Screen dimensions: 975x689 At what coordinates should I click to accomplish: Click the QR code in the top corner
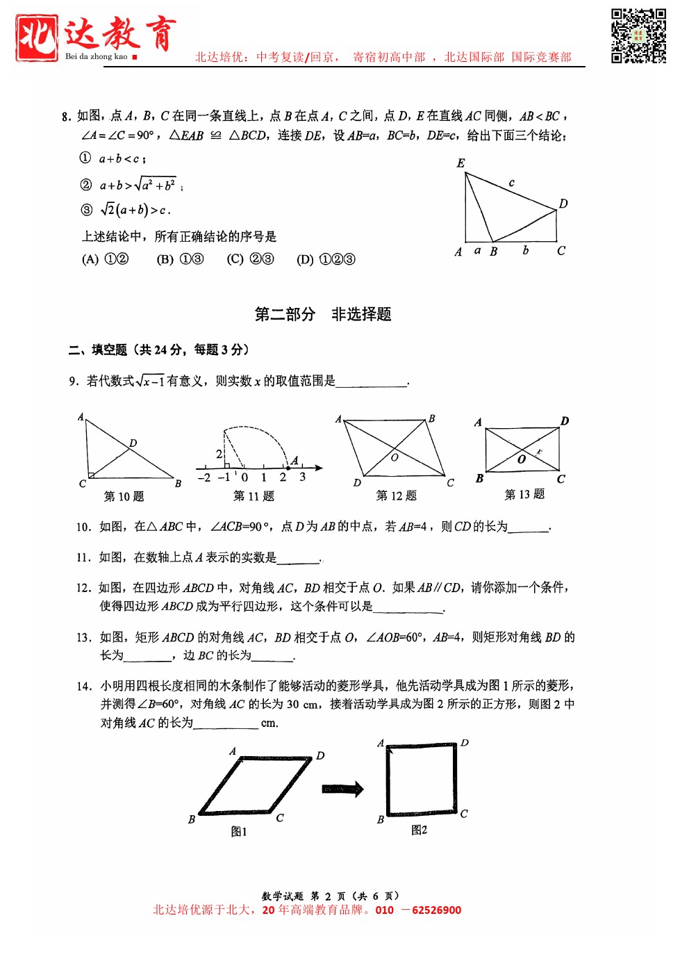tap(638, 35)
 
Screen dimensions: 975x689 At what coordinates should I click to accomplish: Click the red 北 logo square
tap(36, 38)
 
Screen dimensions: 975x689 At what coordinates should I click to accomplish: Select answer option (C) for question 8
tap(250, 259)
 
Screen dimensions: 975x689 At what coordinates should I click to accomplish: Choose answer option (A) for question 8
tap(106, 259)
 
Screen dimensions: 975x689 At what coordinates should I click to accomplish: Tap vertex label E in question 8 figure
tap(460, 163)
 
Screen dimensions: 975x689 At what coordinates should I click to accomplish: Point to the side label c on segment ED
tap(512, 183)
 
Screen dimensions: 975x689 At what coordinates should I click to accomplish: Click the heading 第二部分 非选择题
tap(323, 314)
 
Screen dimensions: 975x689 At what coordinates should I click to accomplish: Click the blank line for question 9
tap(372, 382)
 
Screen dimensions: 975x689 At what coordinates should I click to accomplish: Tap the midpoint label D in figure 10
tap(133, 443)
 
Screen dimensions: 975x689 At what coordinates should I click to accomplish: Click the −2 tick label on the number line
tap(204, 477)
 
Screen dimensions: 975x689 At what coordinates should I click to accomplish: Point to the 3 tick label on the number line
tap(302, 477)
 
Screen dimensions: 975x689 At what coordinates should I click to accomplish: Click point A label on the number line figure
tap(294, 460)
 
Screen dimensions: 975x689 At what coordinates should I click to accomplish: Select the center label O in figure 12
tap(395, 457)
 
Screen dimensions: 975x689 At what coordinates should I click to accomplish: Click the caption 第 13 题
tap(524, 494)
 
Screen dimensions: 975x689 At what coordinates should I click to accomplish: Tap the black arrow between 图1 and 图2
tap(342, 788)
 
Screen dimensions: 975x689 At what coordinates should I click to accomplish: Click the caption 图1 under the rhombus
tap(239, 831)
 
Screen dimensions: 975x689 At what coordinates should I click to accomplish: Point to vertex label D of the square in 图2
tap(465, 743)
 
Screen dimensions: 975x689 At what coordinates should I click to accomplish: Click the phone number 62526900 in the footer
tap(436, 910)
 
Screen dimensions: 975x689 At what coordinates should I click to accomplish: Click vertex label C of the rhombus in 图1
tap(280, 818)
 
